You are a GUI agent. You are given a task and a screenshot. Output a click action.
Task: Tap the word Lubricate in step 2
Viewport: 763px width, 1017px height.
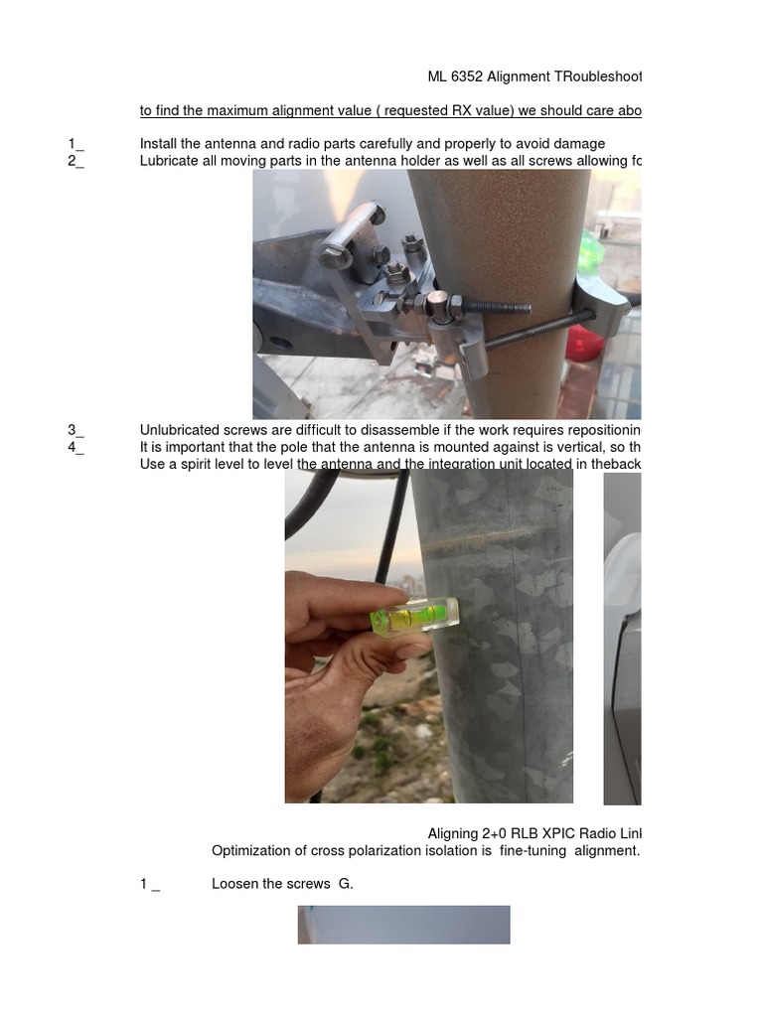pos(171,161)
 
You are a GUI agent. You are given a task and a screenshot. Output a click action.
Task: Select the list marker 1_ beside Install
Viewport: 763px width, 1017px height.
pos(76,144)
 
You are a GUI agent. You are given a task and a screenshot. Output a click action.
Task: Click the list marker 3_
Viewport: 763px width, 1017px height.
pos(76,430)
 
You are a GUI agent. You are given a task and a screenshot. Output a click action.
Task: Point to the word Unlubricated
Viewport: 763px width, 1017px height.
pos(185,430)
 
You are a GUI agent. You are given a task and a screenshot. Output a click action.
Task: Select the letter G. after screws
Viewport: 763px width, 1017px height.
pos(346,883)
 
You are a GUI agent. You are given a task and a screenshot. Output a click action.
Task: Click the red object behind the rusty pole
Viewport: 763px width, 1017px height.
pos(584,343)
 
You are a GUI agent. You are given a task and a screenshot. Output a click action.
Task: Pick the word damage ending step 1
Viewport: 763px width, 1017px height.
pos(579,144)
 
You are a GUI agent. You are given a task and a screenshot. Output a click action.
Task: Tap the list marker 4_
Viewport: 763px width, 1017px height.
pos(76,447)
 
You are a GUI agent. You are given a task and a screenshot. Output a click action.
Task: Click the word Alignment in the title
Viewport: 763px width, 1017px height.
pos(525,76)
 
